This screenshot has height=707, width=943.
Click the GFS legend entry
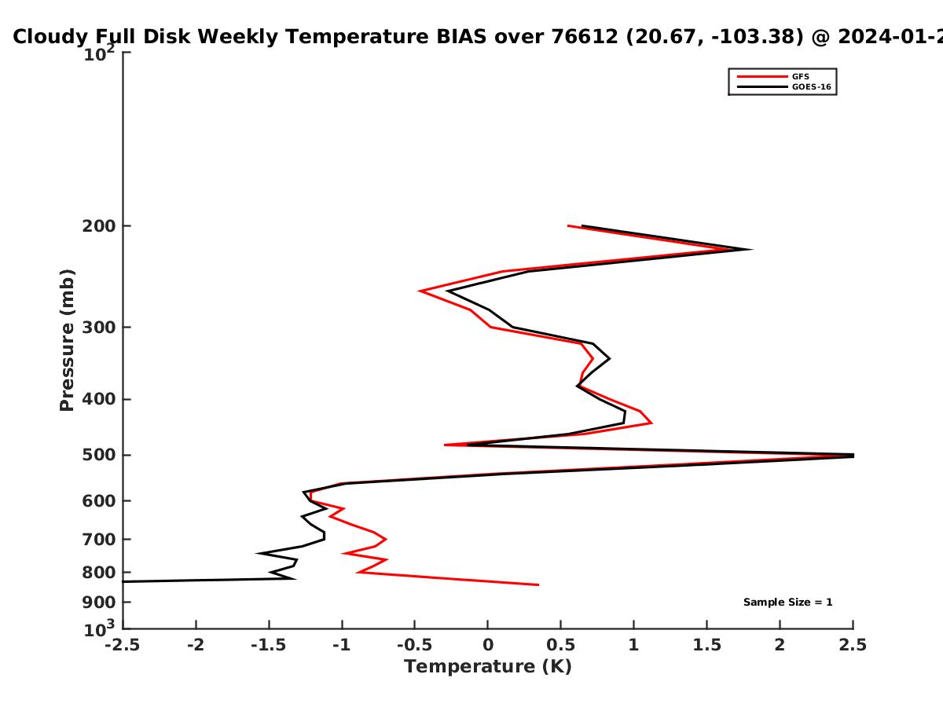[773, 77]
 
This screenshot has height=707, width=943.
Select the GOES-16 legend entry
[784, 87]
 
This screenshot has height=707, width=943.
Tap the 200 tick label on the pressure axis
[99, 226]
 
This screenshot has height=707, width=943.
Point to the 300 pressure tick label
[99, 328]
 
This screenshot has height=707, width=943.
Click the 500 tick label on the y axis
[99, 455]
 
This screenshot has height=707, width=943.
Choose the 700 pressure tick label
[99, 540]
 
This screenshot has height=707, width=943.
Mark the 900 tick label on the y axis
[99, 603]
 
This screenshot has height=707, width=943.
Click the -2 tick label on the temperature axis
[196, 645]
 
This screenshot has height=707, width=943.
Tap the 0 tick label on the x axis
[488, 645]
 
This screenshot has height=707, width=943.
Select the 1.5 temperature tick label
[706, 645]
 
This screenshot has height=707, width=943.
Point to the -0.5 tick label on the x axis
[414, 645]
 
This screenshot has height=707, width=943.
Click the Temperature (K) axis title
[488, 667]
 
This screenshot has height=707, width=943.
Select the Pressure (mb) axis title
[67, 340]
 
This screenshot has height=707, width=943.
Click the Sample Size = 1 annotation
[788, 603]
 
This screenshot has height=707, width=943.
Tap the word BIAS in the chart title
[461, 37]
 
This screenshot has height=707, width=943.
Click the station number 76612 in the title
[585, 37]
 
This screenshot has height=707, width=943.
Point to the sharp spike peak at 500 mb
[853, 456]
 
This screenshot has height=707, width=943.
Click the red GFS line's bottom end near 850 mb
[538, 584]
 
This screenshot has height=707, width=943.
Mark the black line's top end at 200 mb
[582, 225]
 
